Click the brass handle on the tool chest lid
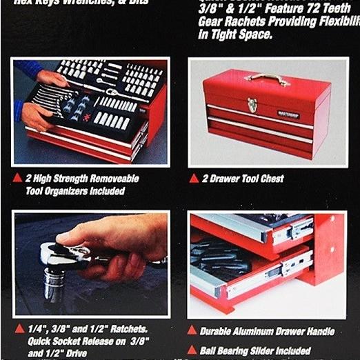[x=267, y=78]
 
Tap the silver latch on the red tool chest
[x=252, y=105]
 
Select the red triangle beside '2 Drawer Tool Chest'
[x=194, y=179]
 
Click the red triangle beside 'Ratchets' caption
[x=19, y=328]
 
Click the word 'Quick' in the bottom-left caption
[x=42, y=341]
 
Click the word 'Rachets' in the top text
[x=247, y=22]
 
